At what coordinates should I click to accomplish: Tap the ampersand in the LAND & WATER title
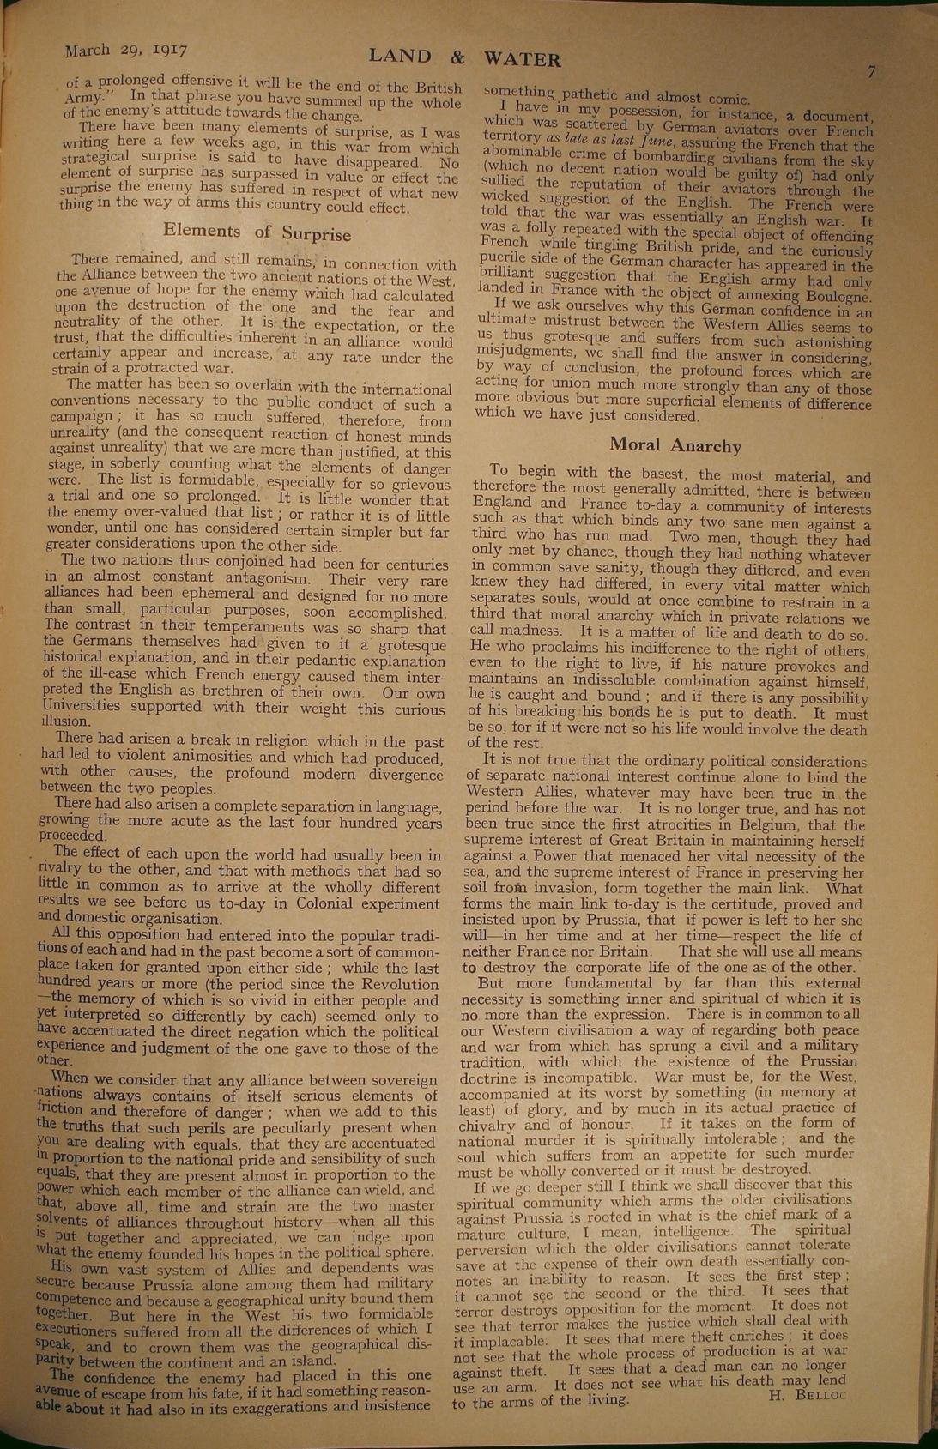pos(457,57)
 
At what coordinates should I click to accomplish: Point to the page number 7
pos(870,72)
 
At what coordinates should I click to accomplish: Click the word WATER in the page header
pos(523,59)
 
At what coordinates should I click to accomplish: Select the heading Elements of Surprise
pos(257,232)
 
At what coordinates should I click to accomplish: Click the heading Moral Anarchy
pos(675,445)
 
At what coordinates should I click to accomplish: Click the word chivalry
pos(489,1125)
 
